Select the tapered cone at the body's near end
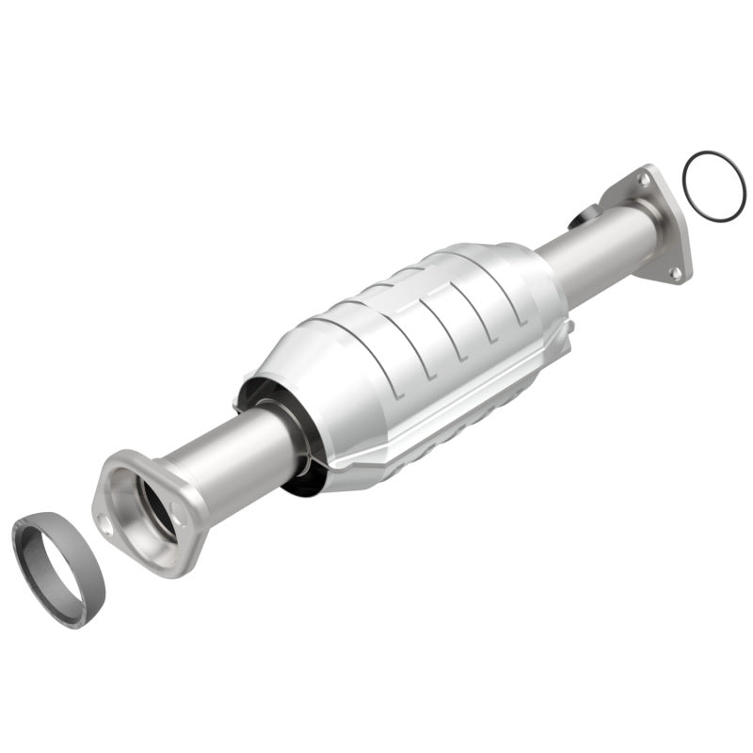tap(282, 376)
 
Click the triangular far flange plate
tap(659, 226)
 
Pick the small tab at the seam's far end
tap(568, 329)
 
